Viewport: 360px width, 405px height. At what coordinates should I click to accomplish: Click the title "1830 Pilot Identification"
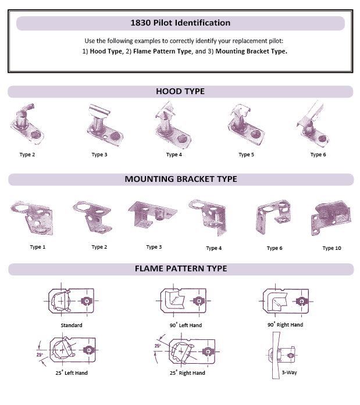(180, 23)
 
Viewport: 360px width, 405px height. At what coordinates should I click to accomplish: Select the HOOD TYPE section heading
(180, 91)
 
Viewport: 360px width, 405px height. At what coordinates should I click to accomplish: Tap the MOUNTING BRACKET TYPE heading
(181, 179)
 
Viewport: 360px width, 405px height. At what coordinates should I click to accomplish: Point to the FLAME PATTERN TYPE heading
(181, 268)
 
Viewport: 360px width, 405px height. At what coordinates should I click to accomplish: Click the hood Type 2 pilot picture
(27, 124)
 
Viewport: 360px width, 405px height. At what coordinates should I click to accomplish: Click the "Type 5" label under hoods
(246, 155)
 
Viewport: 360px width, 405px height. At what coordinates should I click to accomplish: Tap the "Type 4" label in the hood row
(174, 155)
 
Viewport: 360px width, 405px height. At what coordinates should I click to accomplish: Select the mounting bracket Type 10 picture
(331, 218)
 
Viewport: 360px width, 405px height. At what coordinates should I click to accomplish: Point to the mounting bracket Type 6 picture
(273, 217)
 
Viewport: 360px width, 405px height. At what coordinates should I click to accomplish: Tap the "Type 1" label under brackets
(37, 247)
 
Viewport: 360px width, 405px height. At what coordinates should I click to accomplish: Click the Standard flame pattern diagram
(71, 300)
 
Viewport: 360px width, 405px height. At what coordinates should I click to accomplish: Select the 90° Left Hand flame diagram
(183, 300)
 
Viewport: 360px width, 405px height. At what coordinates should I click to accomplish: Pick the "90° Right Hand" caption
(286, 325)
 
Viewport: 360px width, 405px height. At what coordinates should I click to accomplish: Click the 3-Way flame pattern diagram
(281, 356)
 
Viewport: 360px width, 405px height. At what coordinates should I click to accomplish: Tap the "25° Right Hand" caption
(187, 372)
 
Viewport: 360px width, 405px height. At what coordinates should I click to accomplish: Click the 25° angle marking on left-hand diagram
(40, 355)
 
